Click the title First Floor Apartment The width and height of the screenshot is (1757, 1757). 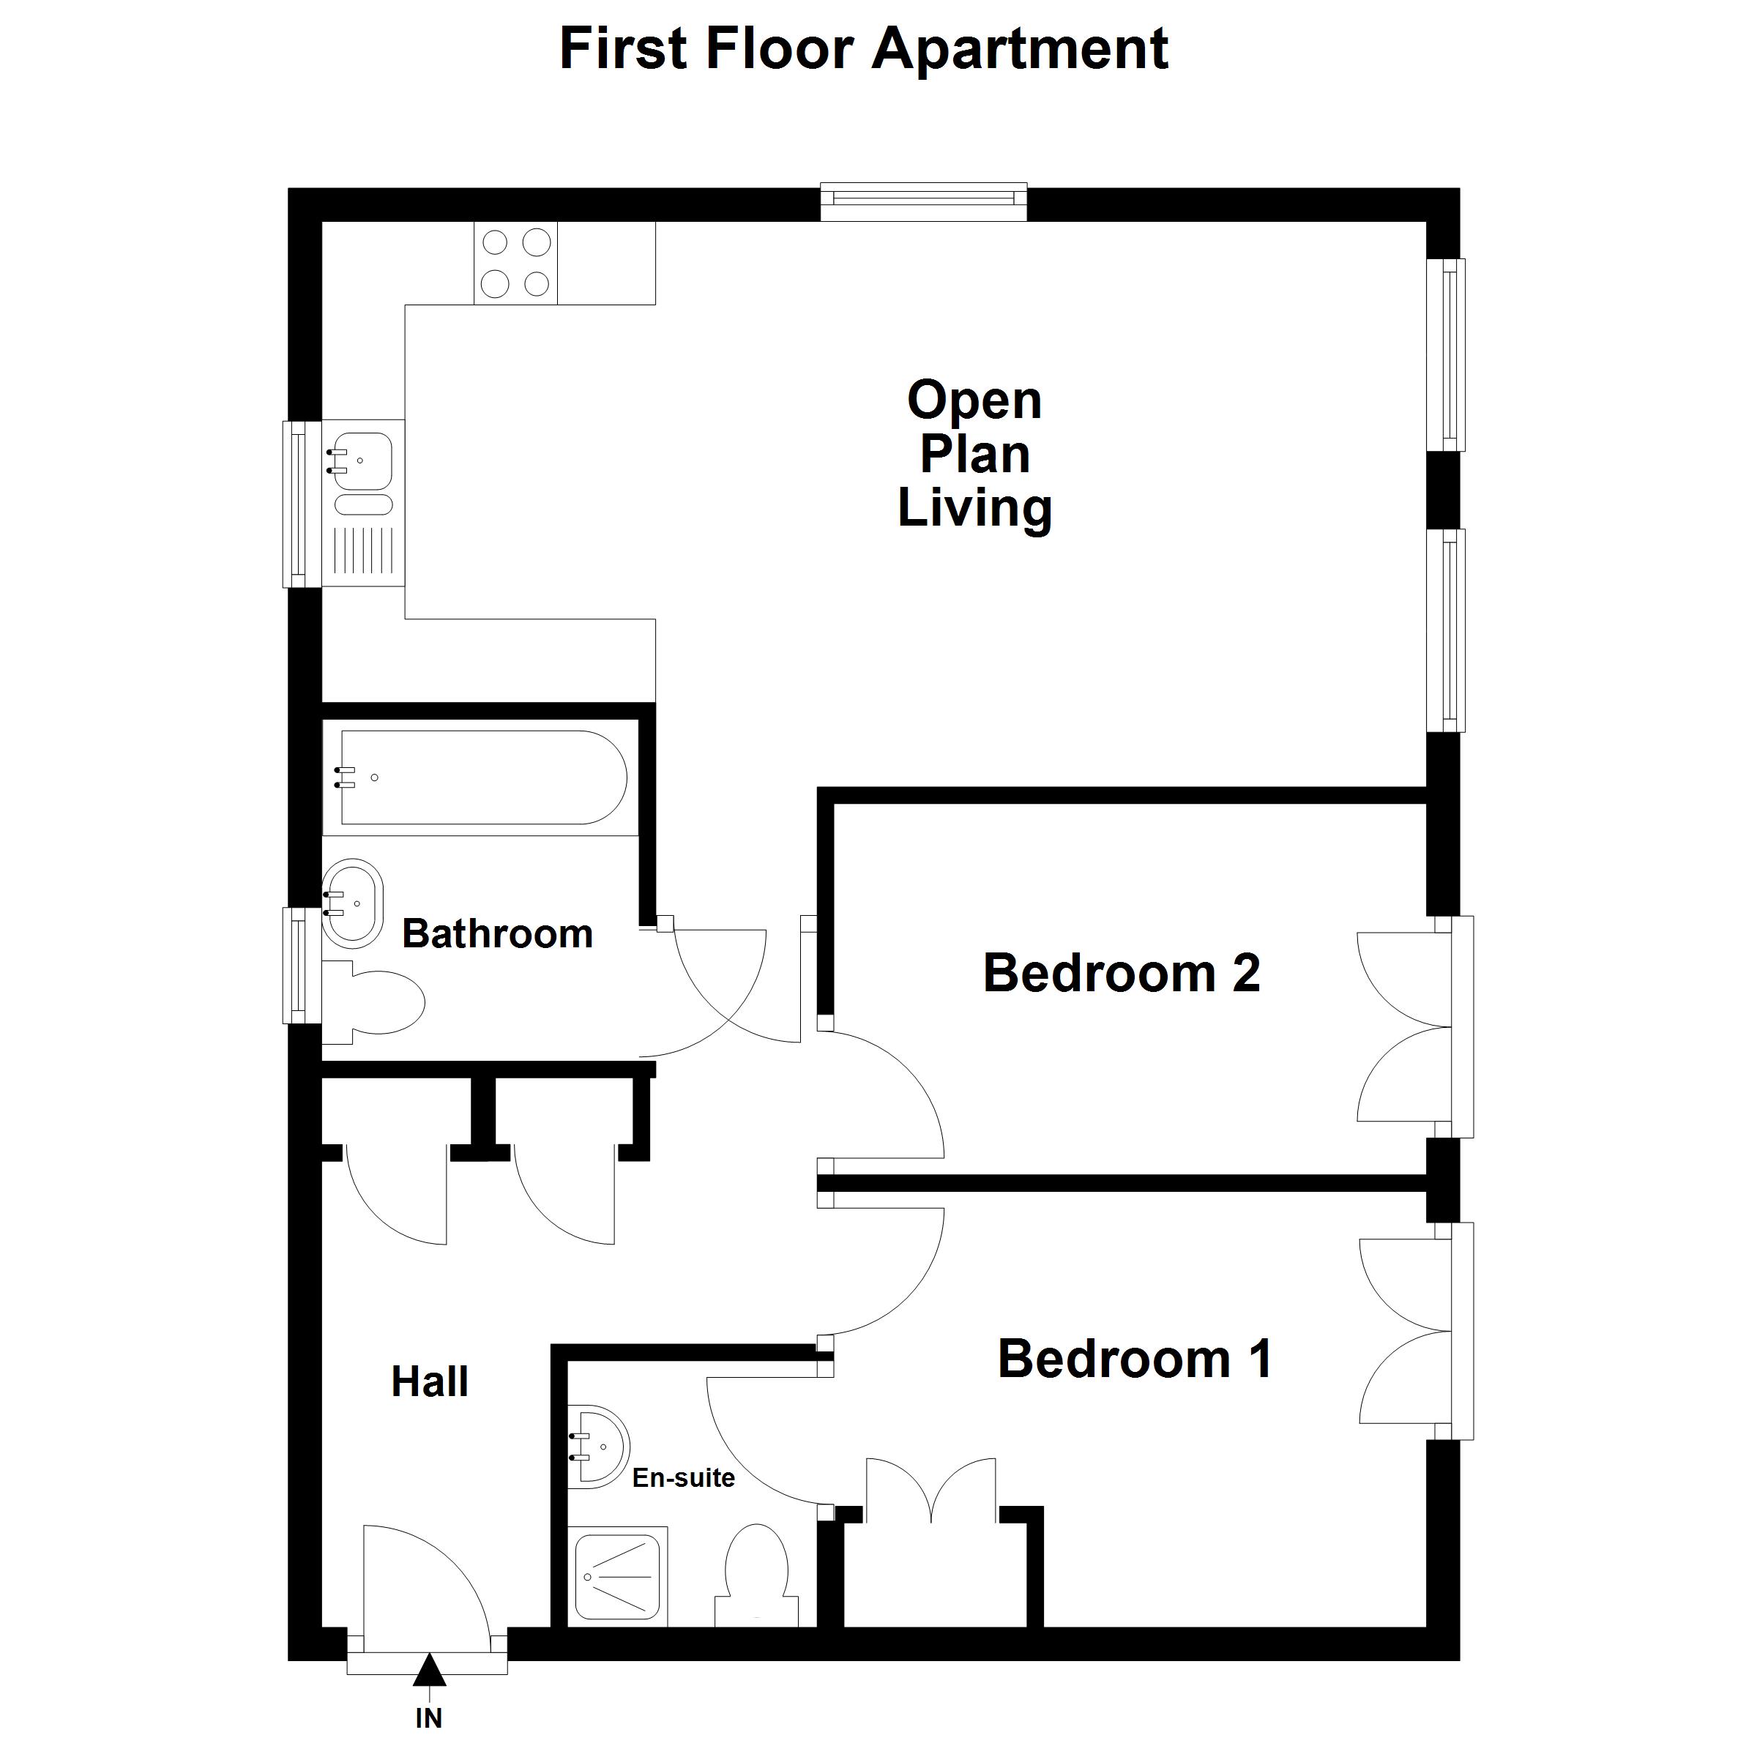point(863,49)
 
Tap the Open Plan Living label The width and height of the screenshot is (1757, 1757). point(975,454)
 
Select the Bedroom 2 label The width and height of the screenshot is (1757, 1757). point(1122,973)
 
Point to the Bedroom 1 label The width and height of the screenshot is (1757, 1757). point(1135,1359)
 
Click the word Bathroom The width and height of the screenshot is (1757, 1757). point(498,934)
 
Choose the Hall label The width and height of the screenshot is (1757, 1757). point(430,1381)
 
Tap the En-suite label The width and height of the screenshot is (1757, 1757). point(683,1478)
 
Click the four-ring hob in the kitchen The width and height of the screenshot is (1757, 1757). point(515,263)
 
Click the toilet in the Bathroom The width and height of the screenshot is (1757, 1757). point(374,1002)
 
